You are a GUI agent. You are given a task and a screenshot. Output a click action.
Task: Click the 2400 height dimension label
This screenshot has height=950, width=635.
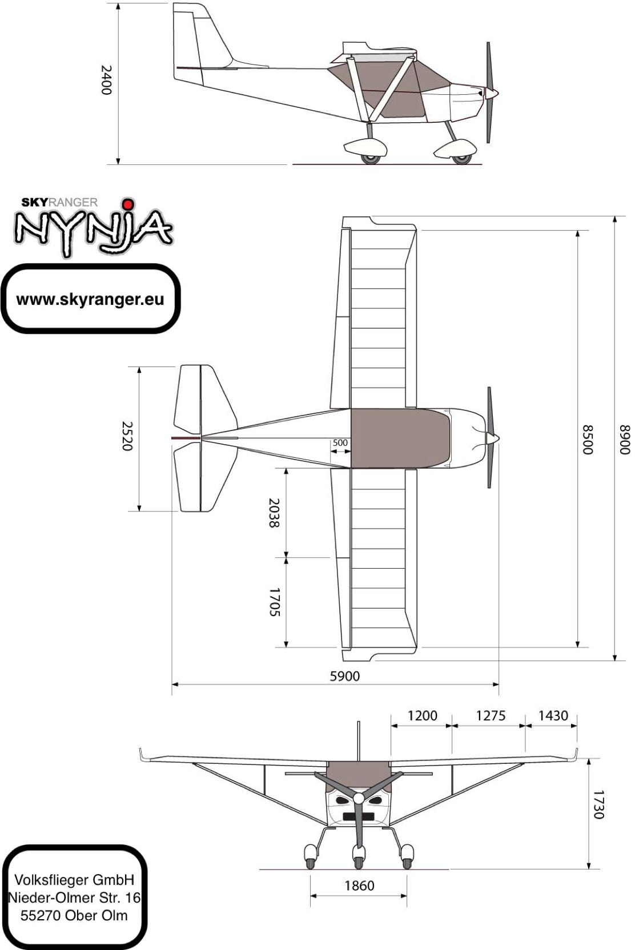tap(106, 80)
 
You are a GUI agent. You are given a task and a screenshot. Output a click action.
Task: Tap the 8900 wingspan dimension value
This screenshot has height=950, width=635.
tap(625, 440)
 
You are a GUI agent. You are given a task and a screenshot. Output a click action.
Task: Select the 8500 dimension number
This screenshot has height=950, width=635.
tap(587, 440)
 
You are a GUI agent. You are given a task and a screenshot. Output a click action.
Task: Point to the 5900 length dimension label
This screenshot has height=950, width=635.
tap(345, 675)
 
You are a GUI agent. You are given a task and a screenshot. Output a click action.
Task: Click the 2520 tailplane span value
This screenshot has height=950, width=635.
tap(127, 436)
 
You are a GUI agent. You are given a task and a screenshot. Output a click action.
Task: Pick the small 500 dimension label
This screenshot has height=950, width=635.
tap(340, 442)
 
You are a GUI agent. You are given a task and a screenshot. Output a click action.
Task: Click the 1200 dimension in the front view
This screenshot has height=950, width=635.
tap(422, 716)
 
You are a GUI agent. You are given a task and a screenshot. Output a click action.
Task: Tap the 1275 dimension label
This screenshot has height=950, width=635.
tap(491, 716)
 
